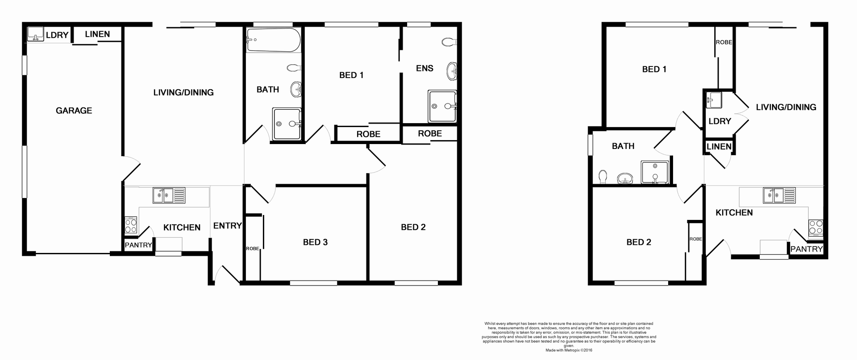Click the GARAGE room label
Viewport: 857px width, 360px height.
(74, 111)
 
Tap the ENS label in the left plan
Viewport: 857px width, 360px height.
(424, 68)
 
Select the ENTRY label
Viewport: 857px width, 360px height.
(227, 226)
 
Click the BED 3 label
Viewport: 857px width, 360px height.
(315, 242)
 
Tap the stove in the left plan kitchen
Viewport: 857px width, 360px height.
(131, 225)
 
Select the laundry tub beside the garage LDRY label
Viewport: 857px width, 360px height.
(35, 34)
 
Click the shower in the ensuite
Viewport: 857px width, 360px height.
(442, 106)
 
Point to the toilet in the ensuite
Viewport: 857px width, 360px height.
(449, 42)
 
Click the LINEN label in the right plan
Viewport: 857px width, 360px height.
(719, 146)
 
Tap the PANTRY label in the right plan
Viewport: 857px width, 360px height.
(806, 249)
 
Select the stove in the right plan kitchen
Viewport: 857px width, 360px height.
(815, 228)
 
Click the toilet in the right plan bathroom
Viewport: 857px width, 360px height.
(603, 177)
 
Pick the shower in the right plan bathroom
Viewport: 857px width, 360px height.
(655, 172)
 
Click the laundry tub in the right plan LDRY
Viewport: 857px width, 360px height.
(713, 99)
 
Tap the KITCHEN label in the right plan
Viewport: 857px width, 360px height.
(734, 213)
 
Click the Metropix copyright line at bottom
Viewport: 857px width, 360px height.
(569, 351)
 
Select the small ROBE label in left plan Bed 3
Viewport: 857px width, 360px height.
(252, 248)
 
